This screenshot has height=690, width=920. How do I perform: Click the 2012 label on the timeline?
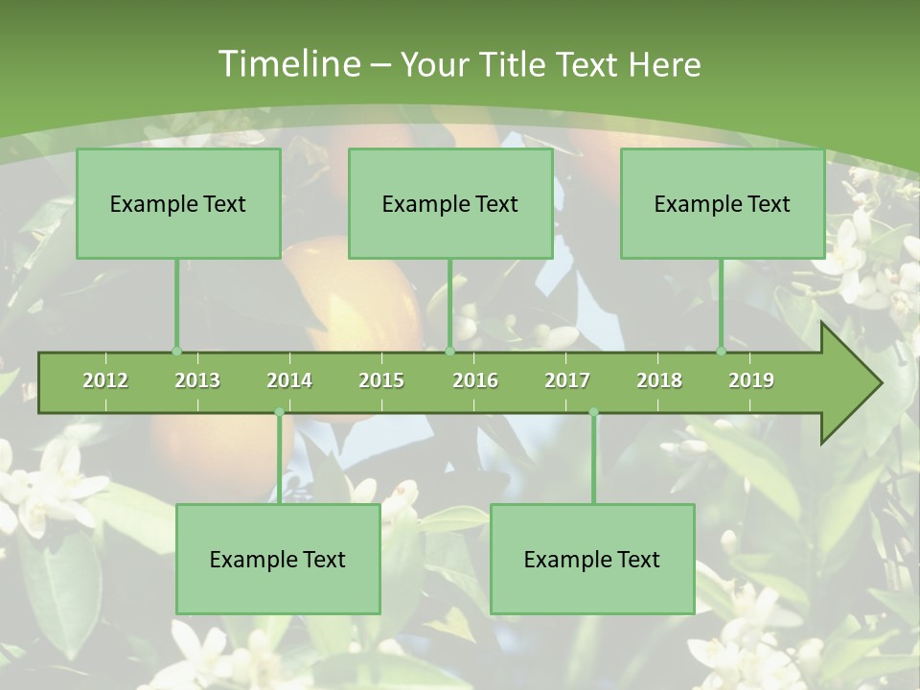(105, 380)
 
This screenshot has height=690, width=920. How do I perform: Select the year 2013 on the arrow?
(197, 380)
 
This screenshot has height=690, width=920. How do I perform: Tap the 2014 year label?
(289, 380)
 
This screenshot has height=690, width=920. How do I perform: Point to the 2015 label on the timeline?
(381, 380)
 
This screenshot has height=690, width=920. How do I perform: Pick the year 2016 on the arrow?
(475, 380)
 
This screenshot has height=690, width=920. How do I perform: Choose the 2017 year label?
(567, 380)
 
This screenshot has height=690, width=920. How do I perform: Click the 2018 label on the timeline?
(659, 380)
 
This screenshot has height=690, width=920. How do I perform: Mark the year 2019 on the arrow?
(751, 380)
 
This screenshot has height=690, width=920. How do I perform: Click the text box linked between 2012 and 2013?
(178, 203)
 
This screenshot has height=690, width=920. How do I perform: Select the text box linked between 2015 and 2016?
(450, 203)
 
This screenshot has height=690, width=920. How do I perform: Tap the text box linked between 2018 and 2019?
(723, 203)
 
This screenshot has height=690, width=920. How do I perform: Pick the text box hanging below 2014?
(278, 559)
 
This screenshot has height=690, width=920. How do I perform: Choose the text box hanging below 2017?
(592, 559)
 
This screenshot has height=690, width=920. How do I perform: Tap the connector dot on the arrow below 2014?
(279, 412)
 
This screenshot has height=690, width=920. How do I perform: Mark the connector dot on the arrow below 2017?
(593, 412)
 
